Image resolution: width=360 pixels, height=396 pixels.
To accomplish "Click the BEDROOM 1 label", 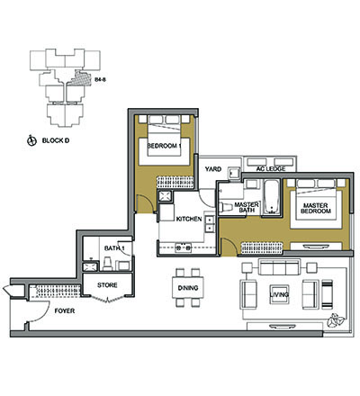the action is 164,146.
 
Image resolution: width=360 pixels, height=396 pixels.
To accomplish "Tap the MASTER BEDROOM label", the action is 316,208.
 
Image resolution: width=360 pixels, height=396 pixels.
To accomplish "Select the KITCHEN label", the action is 189,219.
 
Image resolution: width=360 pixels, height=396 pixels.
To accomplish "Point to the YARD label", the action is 213,169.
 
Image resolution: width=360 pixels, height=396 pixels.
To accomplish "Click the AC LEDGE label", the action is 271,169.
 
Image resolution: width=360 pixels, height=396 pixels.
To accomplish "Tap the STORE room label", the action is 107,285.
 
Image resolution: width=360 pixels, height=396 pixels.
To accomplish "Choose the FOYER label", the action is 65,311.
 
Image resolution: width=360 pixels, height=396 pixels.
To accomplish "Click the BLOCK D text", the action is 56,140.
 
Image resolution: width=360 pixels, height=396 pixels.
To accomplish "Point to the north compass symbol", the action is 31,140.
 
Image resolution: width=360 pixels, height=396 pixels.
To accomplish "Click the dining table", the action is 188,288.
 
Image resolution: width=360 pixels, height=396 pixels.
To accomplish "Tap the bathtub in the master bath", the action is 272,197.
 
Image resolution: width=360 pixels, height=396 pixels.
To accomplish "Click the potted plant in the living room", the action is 335,320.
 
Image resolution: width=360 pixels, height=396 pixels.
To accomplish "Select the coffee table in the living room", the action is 279,294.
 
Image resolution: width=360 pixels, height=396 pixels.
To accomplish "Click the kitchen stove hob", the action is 184,247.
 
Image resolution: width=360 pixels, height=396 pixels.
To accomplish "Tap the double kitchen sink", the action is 210,224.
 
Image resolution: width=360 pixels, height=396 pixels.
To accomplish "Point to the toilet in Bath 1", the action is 107,264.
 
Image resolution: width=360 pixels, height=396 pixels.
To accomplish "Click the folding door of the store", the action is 107,299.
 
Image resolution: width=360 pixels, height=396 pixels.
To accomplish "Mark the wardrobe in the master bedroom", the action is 262,247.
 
